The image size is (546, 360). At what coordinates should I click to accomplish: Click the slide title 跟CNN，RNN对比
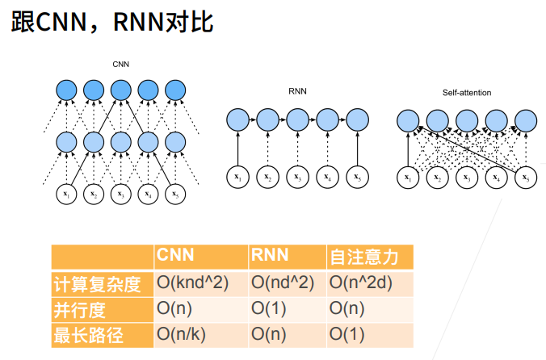[111, 22]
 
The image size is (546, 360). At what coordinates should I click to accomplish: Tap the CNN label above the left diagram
[121, 65]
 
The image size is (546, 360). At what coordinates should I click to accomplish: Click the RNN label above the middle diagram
[297, 91]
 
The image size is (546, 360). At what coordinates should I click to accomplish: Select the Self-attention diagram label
[467, 93]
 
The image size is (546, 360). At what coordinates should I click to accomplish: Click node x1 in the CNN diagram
[66, 194]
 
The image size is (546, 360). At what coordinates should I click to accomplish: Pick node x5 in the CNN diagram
[175, 194]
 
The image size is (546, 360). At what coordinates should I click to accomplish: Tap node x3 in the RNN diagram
[297, 177]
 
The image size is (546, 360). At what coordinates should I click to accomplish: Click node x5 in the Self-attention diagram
[526, 178]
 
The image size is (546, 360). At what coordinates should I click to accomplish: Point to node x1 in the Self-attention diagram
[408, 178]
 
